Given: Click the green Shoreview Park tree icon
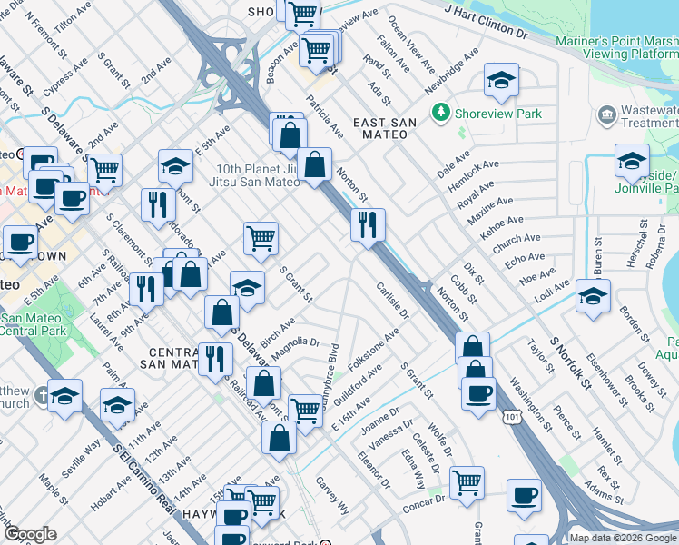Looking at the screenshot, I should point(441,113).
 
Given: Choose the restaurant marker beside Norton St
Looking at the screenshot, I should point(368,225).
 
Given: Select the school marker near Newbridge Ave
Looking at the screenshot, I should point(501,81).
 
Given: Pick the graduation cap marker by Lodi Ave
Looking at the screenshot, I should point(593,296).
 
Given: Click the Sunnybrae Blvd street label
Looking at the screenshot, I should point(329,374).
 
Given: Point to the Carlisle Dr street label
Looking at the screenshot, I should point(393,301).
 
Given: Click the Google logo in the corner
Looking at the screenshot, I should point(30,533).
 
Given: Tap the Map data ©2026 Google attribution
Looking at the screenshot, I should point(623,538).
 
